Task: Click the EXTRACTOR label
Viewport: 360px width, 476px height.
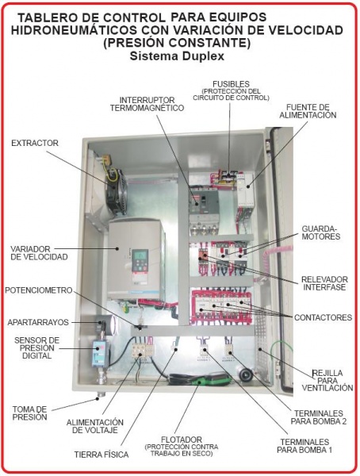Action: pyautogui.click(x=35, y=143)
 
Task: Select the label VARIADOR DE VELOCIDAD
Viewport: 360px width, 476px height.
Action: pyautogui.click(x=39, y=253)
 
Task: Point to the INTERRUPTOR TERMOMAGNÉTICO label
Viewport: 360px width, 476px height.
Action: pyautogui.click(x=147, y=104)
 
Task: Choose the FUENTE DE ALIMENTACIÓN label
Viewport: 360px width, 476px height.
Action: pyautogui.click(x=308, y=111)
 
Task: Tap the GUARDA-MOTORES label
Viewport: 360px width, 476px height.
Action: pyautogui.click(x=321, y=232)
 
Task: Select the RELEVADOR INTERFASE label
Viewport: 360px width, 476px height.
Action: pyautogui.click(x=324, y=283)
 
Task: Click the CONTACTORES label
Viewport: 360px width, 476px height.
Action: pyautogui.click(x=323, y=317)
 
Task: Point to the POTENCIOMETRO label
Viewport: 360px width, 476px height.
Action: pyautogui.click(x=39, y=290)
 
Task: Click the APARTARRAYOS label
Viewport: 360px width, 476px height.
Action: pyautogui.click(x=38, y=322)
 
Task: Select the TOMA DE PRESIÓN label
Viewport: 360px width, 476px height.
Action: pyautogui.click(x=29, y=413)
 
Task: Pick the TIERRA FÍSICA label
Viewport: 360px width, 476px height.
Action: pyautogui.click(x=101, y=455)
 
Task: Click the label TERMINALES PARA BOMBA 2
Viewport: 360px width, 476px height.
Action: pyautogui.click(x=319, y=417)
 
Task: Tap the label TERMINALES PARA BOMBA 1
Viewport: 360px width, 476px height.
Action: pyautogui.click(x=304, y=446)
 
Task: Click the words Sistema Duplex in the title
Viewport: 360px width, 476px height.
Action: pyautogui.click(x=178, y=56)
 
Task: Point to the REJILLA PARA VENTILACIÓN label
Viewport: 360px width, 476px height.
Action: pyautogui.click(x=327, y=380)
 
